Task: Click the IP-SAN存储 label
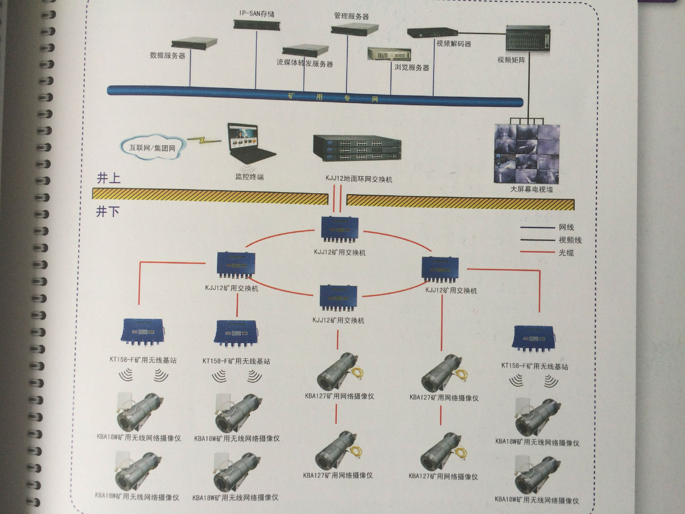pos(257,14)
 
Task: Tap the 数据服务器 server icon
pos(194,44)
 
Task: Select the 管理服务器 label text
pos(351,16)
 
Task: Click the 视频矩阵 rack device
pos(528,39)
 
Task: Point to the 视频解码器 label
pos(454,44)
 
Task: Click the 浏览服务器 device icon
pos(389,54)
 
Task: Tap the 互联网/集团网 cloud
pos(153,148)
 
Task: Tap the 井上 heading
pos(108,178)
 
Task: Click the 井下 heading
pos(107,211)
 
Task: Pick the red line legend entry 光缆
pos(566,253)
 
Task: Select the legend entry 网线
pos(566,227)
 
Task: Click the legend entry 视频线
pos(570,240)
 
